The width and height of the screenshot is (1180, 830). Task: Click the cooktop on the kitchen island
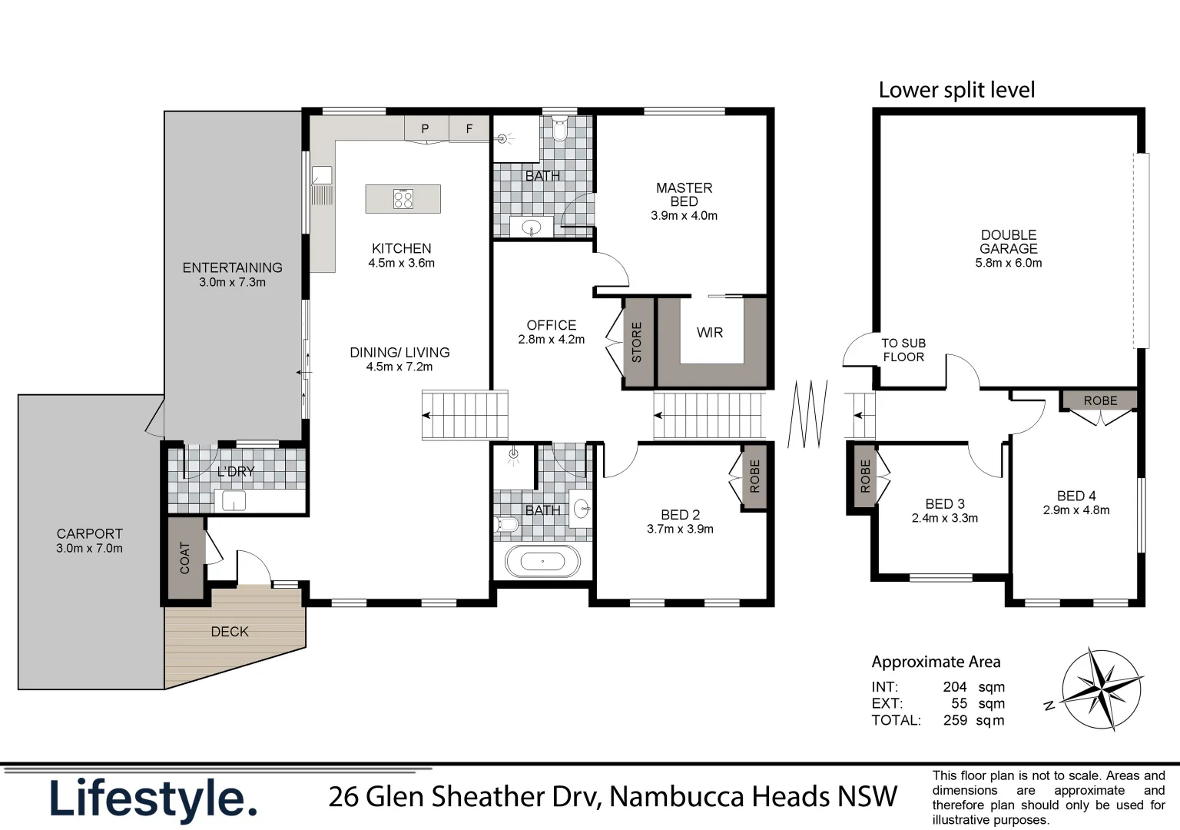coord(403,199)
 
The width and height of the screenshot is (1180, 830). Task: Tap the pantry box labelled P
coord(425,128)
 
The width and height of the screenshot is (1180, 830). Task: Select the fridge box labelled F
coord(469,128)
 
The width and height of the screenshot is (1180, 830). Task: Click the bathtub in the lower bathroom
coord(542,562)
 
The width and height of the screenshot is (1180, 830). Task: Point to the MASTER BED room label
coord(684,194)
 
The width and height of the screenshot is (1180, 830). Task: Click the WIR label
coord(709,332)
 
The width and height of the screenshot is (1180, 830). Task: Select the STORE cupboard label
coord(637,342)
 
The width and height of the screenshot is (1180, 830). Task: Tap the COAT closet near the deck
coord(184,558)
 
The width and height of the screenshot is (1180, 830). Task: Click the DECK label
coord(230,632)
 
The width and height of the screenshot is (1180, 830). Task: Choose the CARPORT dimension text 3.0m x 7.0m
coord(89,548)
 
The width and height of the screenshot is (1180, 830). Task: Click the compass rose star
coord(1102,686)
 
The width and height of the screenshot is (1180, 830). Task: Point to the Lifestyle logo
coord(153,799)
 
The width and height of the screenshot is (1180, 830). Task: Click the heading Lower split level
coord(956,90)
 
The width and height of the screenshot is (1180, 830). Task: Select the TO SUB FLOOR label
coord(903,350)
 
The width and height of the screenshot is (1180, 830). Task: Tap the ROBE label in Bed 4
coord(1100,400)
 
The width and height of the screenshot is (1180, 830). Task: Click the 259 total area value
coord(955,720)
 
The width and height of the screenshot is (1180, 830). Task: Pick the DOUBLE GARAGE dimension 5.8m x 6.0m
coord(1008,263)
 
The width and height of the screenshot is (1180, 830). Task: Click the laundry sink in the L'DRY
coord(234,501)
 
